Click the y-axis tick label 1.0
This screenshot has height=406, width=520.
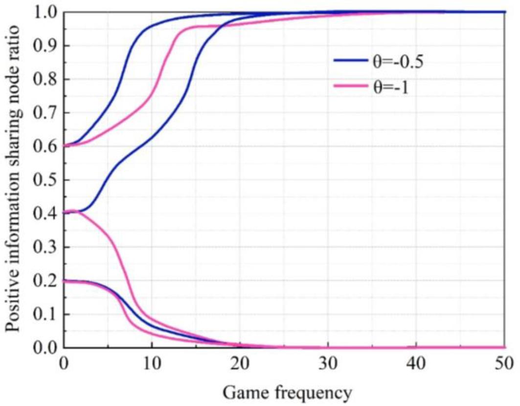[x=46, y=12]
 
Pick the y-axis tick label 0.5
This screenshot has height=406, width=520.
[x=46, y=180]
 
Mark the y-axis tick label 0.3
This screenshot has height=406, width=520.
[x=46, y=247]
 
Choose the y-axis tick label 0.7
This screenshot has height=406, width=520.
[x=46, y=113]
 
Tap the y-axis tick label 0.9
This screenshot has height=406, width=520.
[x=46, y=45]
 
